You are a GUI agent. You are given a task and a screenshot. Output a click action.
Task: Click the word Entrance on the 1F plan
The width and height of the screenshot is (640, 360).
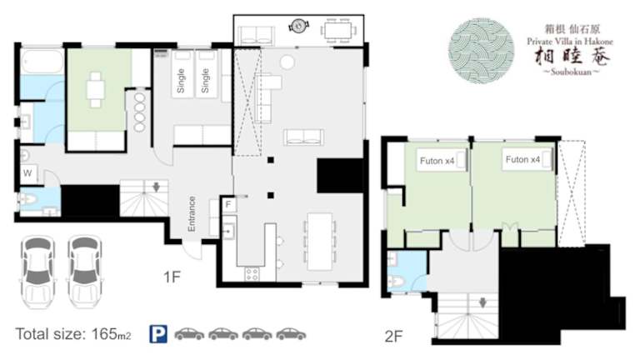192,214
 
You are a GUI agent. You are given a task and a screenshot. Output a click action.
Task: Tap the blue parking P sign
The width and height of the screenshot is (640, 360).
158,334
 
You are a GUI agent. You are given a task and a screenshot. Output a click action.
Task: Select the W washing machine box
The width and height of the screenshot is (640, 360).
28,173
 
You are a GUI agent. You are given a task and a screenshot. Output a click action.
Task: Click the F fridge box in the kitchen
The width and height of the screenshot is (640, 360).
228,204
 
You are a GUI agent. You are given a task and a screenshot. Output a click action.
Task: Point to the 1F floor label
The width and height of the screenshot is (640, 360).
172,277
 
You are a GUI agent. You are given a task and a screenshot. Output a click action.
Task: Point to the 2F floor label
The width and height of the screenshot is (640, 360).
393,337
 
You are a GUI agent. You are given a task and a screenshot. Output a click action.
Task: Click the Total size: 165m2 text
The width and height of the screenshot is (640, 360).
73,334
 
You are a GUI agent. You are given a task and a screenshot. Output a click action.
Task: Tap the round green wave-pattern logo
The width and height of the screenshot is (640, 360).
481,51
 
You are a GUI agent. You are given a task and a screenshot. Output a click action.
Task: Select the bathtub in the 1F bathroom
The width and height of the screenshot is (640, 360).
42,62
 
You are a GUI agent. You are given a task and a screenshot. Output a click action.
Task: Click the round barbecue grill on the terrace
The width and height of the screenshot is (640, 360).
299,26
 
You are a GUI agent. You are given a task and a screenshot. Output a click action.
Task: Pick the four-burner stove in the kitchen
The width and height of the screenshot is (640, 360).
252,274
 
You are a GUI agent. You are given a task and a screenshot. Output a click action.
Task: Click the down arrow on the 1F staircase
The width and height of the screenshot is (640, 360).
157,187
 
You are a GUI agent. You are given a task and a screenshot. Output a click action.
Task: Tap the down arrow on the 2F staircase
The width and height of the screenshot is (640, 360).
482,302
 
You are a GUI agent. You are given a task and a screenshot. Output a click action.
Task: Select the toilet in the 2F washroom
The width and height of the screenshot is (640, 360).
395,281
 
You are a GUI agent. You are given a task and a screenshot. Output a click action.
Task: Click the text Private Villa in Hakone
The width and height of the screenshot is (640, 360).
570,42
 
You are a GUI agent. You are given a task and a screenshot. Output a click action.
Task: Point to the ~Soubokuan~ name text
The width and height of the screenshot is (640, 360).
571,72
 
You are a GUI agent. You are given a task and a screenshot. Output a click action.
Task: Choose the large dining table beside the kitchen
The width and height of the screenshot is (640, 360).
320,241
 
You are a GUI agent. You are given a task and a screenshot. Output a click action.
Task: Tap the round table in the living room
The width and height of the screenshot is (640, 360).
287,62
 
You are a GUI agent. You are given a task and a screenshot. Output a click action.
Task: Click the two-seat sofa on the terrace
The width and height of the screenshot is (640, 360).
256,36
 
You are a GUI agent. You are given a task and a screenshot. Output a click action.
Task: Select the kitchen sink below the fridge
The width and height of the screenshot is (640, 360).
228,232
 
